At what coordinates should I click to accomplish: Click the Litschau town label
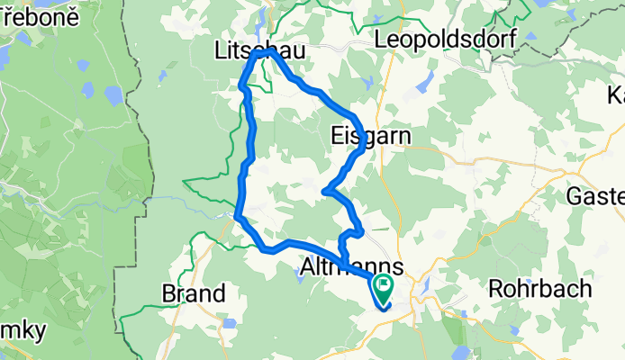[259, 52]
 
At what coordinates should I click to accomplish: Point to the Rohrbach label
[539, 290]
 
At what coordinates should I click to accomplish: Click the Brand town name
[193, 294]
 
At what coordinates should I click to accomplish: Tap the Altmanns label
[350, 269]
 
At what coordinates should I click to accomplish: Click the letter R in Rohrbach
[495, 290]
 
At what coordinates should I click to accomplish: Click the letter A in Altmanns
[307, 269]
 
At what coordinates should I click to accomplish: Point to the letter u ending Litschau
[299, 52]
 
